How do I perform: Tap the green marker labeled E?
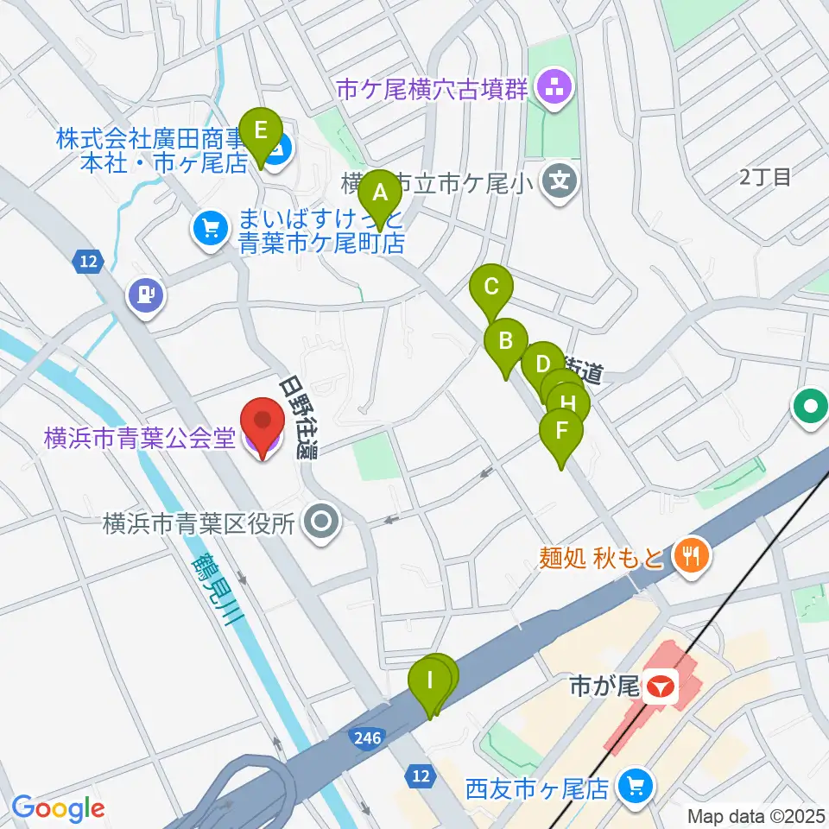(260, 133)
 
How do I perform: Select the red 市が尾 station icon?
(662, 688)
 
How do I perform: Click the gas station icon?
(145, 295)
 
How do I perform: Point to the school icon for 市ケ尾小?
(561, 181)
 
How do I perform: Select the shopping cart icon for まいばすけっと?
(210, 229)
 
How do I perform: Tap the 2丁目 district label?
(765, 178)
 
